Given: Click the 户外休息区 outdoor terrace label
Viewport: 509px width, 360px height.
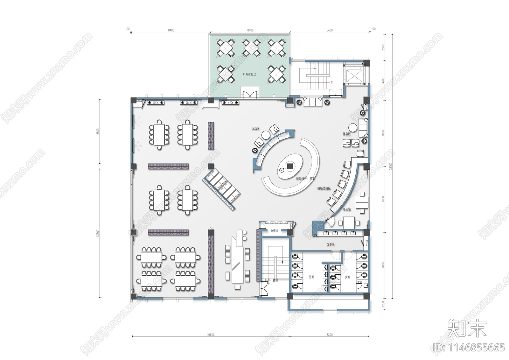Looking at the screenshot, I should click(249, 74).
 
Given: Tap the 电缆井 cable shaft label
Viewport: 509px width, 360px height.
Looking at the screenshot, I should click(274, 231).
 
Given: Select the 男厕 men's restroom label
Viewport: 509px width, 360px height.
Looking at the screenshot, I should click(311, 277).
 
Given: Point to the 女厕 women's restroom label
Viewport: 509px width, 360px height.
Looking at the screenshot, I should click(347, 277).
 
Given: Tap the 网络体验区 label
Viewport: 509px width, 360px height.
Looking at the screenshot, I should click(324, 188).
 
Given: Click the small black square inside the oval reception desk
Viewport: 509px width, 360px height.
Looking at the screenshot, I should click(290, 166).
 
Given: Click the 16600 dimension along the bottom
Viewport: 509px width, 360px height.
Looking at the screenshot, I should click(211, 335).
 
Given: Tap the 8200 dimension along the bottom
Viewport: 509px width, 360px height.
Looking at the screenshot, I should click(330, 335).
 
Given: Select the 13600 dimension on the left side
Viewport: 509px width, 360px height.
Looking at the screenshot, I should click(98, 233).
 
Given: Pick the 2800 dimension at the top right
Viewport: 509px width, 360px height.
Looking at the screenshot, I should click(383, 47).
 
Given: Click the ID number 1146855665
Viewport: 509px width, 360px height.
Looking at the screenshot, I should click(469, 347).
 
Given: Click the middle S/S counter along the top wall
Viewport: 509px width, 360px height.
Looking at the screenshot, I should click(189, 102).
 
